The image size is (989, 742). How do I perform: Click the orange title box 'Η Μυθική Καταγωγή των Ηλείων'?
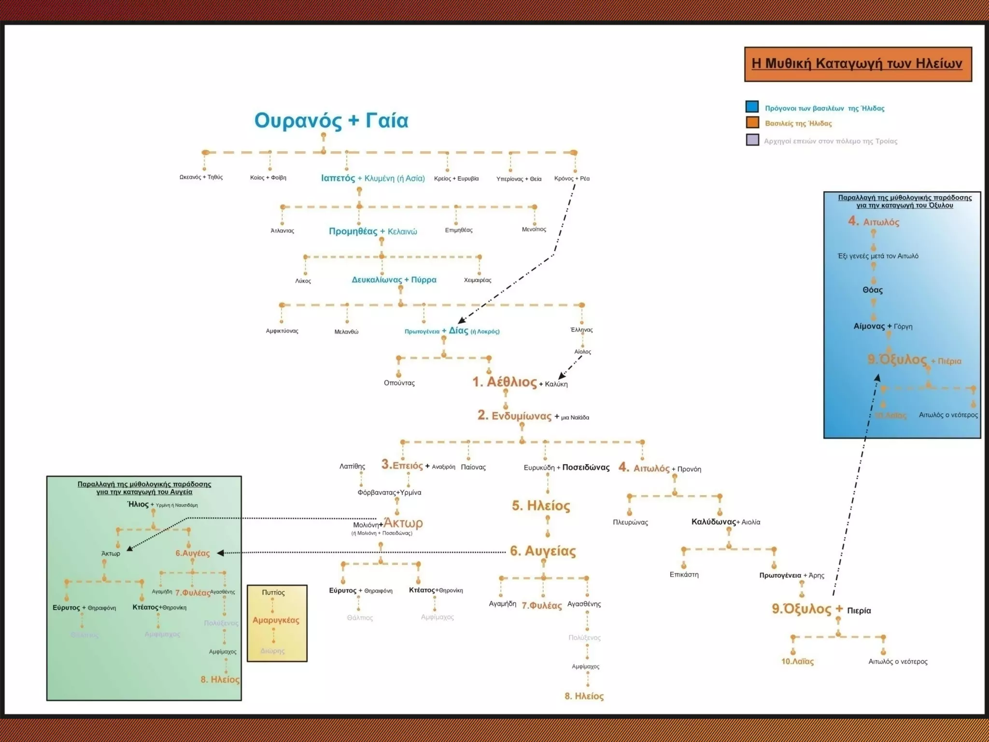coord(858,64)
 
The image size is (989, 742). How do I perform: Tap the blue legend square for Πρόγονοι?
coord(752,107)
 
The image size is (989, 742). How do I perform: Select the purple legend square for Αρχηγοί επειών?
coord(752,140)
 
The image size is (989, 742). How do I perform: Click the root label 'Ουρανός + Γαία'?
coord(331,120)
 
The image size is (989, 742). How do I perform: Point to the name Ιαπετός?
coord(338,178)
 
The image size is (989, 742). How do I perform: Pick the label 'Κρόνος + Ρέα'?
coord(572,178)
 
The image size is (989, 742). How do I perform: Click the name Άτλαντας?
coord(282,230)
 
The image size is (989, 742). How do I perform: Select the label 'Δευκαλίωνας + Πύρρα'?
coord(394,280)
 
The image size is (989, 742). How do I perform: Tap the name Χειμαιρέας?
coord(477,280)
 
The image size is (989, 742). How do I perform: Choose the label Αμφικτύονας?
coord(282,331)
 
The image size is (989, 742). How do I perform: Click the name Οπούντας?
coord(399,383)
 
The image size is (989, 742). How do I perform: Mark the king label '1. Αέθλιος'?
coord(504,382)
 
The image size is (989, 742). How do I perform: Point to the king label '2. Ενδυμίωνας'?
coord(514,416)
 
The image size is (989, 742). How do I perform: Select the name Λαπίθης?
coord(352,466)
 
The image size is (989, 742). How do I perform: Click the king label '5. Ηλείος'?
coord(541,506)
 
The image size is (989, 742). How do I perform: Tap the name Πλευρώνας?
coord(630,522)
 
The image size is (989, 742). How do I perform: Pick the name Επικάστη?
coord(684,574)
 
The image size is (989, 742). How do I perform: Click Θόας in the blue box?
coord(872,290)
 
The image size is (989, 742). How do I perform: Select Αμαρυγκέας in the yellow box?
coord(276,620)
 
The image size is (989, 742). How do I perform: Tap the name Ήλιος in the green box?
coord(138,504)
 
